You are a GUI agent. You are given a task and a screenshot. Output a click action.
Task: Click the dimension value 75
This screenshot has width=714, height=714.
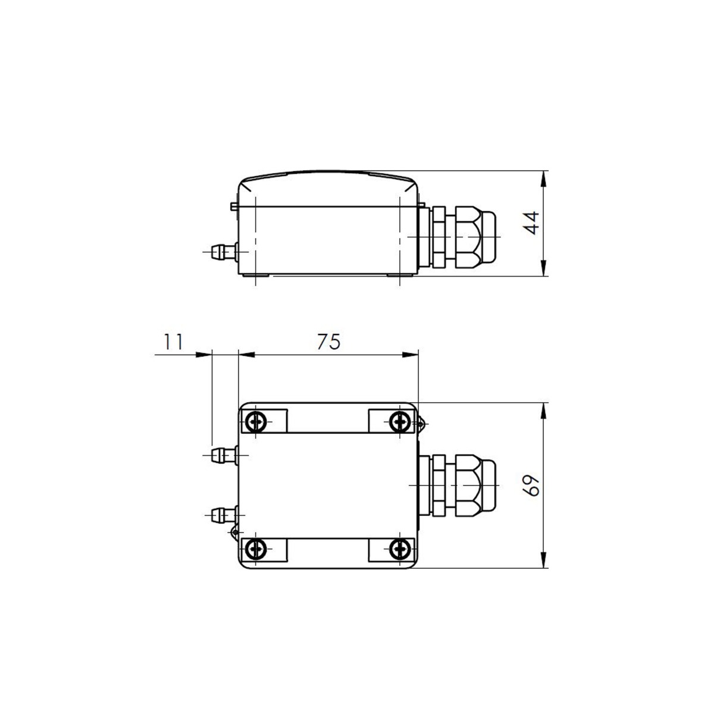tap(328, 342)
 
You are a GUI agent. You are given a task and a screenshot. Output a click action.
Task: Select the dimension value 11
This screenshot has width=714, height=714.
tap(173, 342)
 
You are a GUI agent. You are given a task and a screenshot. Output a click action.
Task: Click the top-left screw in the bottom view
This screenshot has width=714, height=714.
tap(256, 422)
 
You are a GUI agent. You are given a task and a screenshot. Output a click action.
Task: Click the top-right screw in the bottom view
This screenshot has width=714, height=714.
tap(400, 422)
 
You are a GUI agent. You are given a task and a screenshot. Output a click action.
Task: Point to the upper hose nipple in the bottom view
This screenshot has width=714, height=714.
tap(224, 455)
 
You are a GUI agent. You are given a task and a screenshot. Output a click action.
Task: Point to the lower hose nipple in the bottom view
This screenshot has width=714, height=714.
tap(224, 515)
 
